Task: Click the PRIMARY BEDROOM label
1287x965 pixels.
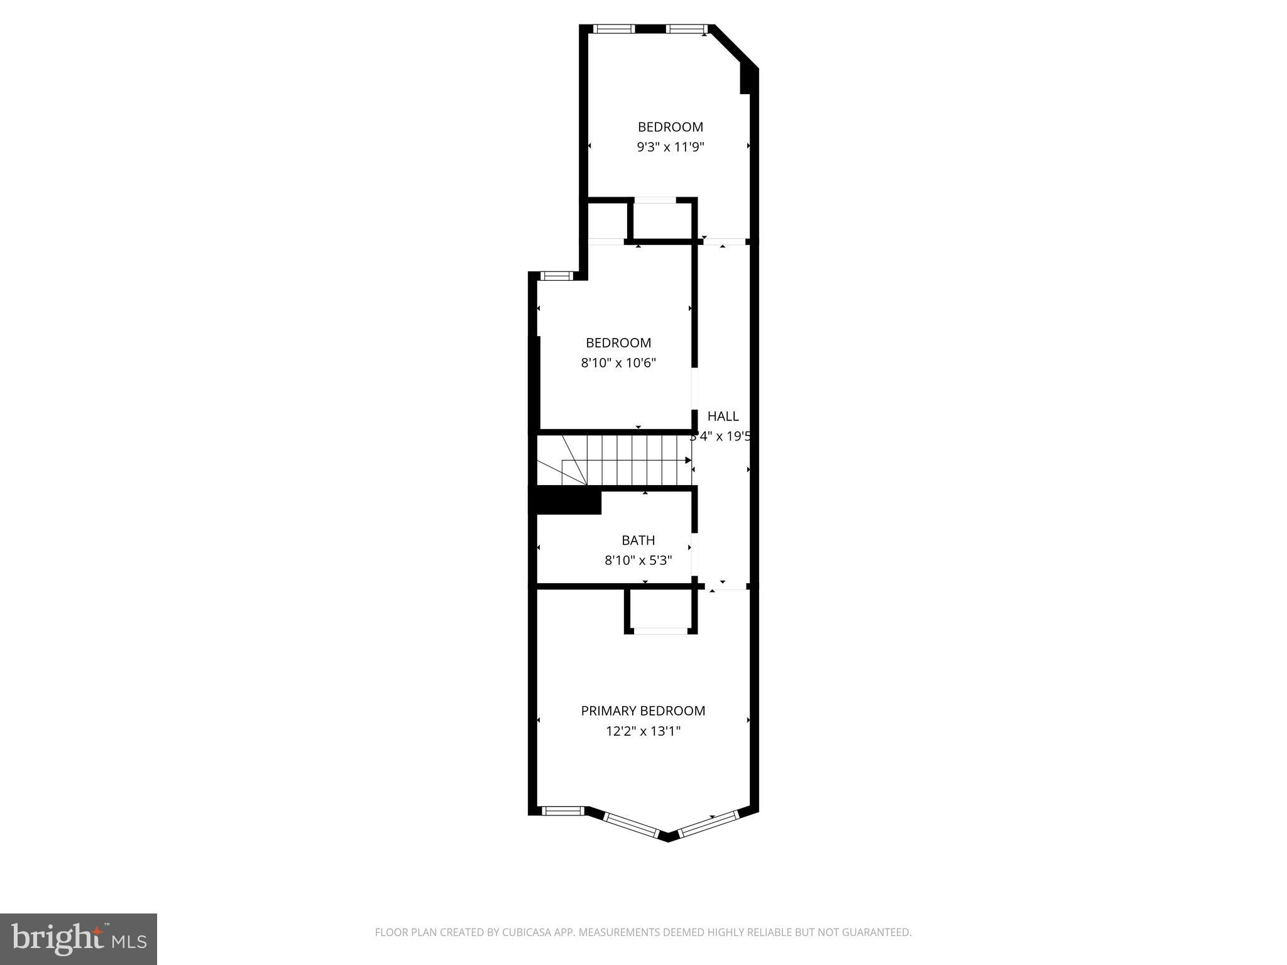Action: [643, 711]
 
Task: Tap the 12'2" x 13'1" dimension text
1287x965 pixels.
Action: [643, 731]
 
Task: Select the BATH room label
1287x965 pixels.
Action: [638, 540]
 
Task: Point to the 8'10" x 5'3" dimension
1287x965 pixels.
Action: [638, 560]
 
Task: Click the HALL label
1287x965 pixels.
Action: [723, 416]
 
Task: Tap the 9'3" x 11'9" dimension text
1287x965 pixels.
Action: [671, 148]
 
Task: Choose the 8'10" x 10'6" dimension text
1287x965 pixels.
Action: [618, 363]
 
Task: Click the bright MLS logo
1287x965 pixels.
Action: [79, 939]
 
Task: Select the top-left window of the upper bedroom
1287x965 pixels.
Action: [614, 28]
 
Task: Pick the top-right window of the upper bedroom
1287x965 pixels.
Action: [686, 28]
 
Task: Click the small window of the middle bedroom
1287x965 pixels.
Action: [556, 275]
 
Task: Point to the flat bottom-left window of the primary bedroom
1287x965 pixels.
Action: [562, 811]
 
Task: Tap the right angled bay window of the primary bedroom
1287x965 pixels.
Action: [708, 824]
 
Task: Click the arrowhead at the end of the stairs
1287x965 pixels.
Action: [688, 461]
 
